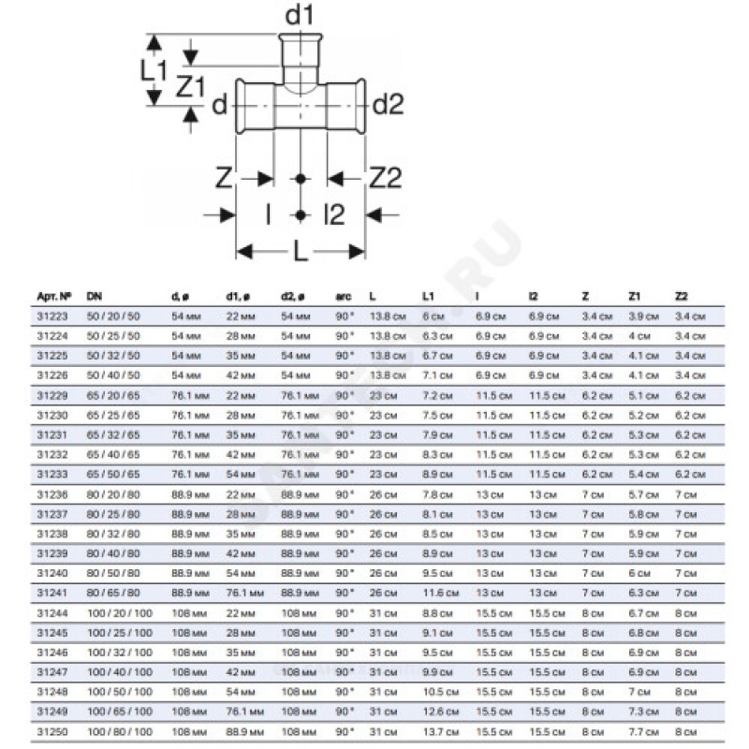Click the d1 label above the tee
pyautogui.click(x=299, y=16)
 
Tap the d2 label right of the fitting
pyautogui.click(x=388, y=106)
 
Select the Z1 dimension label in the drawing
pyautogui.click(x=190, y=87)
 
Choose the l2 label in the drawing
pyautogui.click(x=334, y=215)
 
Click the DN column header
pyautogui.click(x=94, y=297)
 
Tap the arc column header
pyautogui.click(x=343, y=297)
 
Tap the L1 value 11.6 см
pyautogui.click(x=439, y=593)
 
